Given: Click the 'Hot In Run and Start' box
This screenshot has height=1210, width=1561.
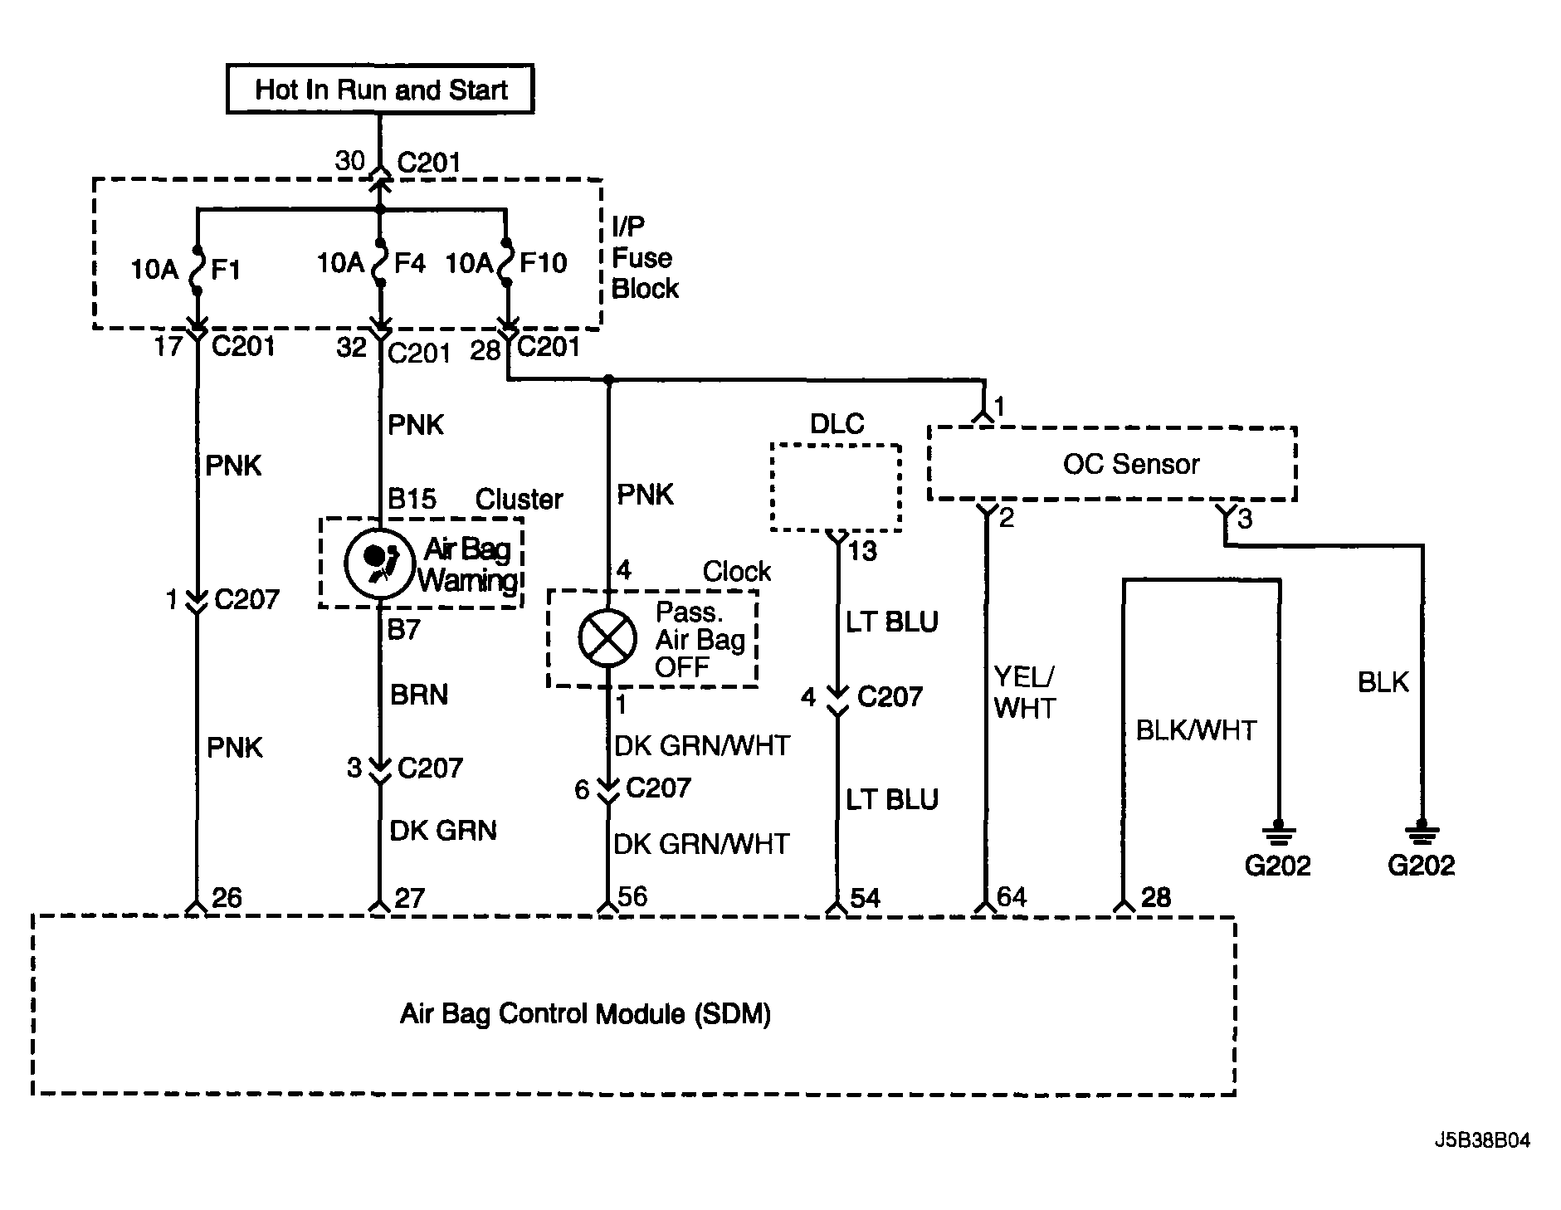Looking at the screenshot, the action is point(380,89).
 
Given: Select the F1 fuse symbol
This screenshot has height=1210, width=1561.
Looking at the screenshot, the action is point(198,270).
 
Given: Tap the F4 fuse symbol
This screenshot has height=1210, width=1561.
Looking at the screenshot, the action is point(380,263).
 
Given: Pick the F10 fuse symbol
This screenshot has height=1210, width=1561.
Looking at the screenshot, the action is point(505,263).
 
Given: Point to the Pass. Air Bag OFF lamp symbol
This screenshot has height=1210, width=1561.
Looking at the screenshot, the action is point(607,637).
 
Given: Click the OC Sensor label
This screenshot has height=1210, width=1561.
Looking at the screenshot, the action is point(1131,464).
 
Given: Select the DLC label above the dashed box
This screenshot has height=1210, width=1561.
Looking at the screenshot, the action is point(837,424).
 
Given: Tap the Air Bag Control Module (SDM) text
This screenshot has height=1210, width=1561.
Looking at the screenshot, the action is point(585,1014).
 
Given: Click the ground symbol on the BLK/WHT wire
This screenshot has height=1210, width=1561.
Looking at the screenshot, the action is point(1278,832).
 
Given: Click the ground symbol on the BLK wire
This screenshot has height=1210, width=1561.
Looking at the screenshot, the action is point(1422,832).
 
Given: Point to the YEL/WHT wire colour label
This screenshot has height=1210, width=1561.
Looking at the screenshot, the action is point(1025,692).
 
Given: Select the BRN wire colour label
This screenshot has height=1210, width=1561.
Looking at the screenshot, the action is point(418,694).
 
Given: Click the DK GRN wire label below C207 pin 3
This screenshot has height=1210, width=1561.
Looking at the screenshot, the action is point(443,830).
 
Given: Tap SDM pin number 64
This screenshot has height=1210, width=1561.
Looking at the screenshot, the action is point(1012,897).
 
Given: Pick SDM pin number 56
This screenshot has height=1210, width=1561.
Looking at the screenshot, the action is point(632,896).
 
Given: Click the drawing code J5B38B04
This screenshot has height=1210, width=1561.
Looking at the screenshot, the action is point(1481,1140).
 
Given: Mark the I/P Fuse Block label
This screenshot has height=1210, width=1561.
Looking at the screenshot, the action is point(645,257).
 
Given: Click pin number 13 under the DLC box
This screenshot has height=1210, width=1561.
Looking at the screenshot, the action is point(862,551).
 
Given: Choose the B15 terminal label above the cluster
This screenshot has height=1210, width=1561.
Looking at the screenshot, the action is point(412,499).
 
